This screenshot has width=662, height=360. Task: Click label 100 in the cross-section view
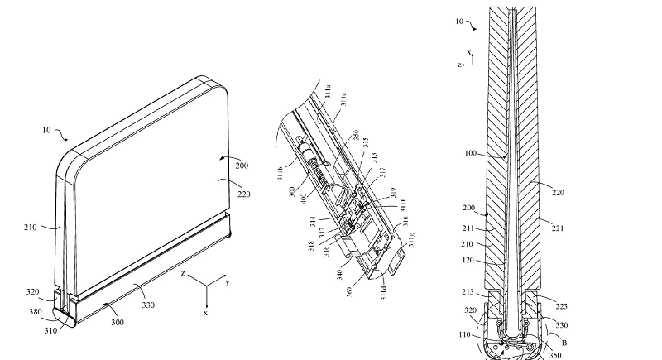point(493,155)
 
